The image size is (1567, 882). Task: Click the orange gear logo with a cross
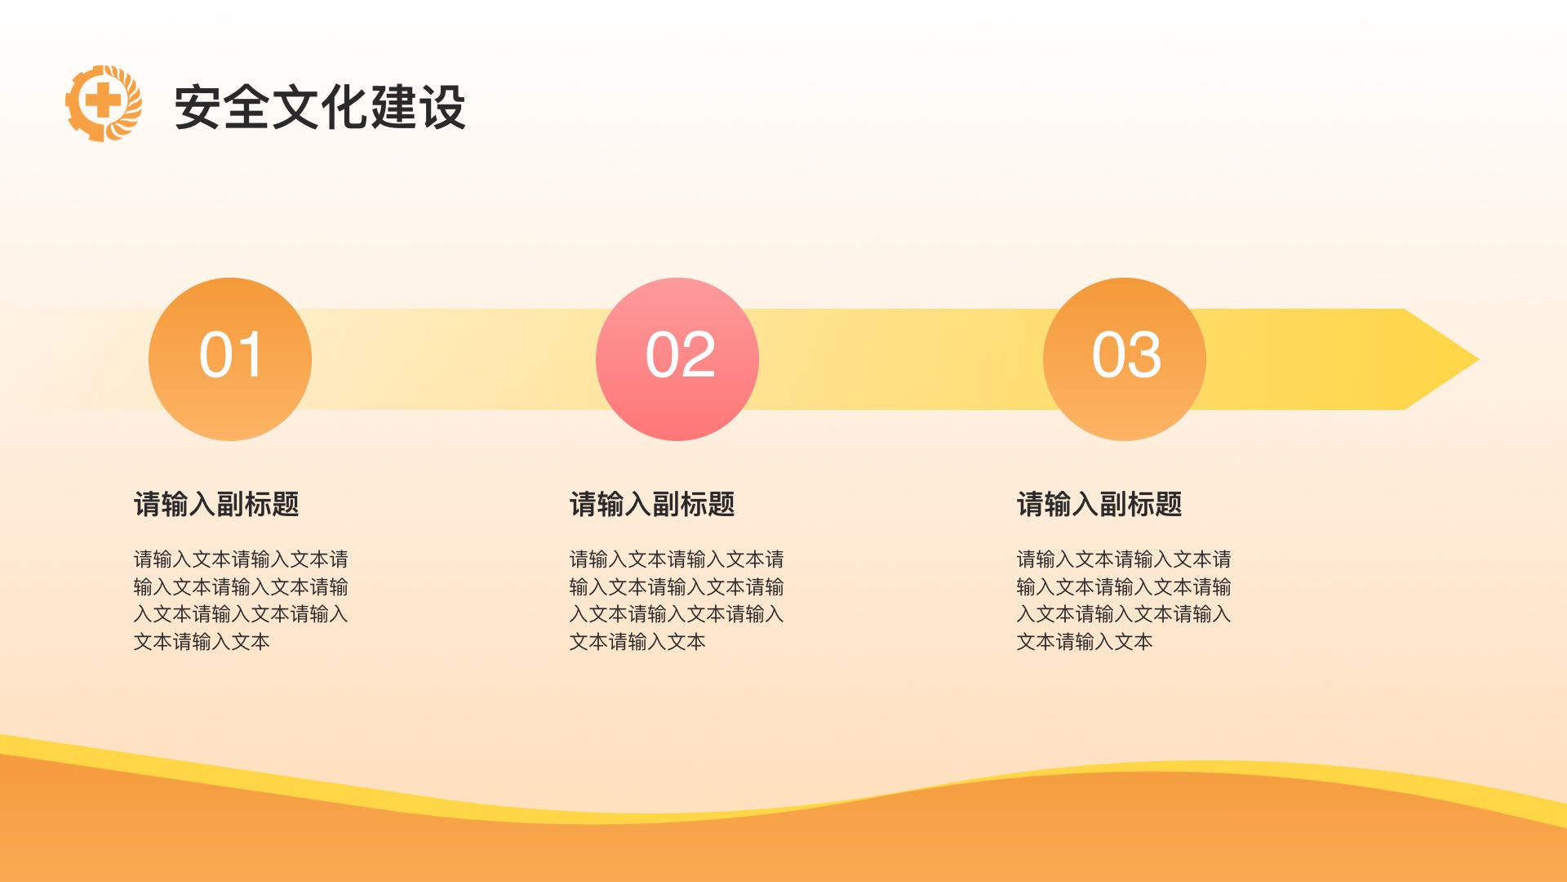[x=104, y=104]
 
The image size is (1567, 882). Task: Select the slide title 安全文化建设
[x=320, y=107]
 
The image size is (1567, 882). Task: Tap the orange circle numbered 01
[x=230, y=359]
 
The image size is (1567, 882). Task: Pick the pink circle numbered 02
[x=677, y=359]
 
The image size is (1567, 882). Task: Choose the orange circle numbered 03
[x=1125, y=359]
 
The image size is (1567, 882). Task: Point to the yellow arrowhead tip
[x=1479, y=359]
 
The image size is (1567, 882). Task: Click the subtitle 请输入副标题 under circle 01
[x=216, y=504]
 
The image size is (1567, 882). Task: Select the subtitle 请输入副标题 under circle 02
[x=652, y=504]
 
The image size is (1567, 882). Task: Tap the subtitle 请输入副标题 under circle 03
[x=1099, y=504]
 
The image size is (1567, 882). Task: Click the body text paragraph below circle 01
[x=241, y=600]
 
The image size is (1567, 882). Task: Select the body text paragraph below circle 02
[x=677, y=600]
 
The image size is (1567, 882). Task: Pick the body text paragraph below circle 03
[x=1124, y=600]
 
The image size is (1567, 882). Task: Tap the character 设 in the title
[x=442, y=107]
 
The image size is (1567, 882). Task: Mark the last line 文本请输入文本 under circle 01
[x=202, y=642]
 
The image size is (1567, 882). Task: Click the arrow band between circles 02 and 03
[x=901, y=359]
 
